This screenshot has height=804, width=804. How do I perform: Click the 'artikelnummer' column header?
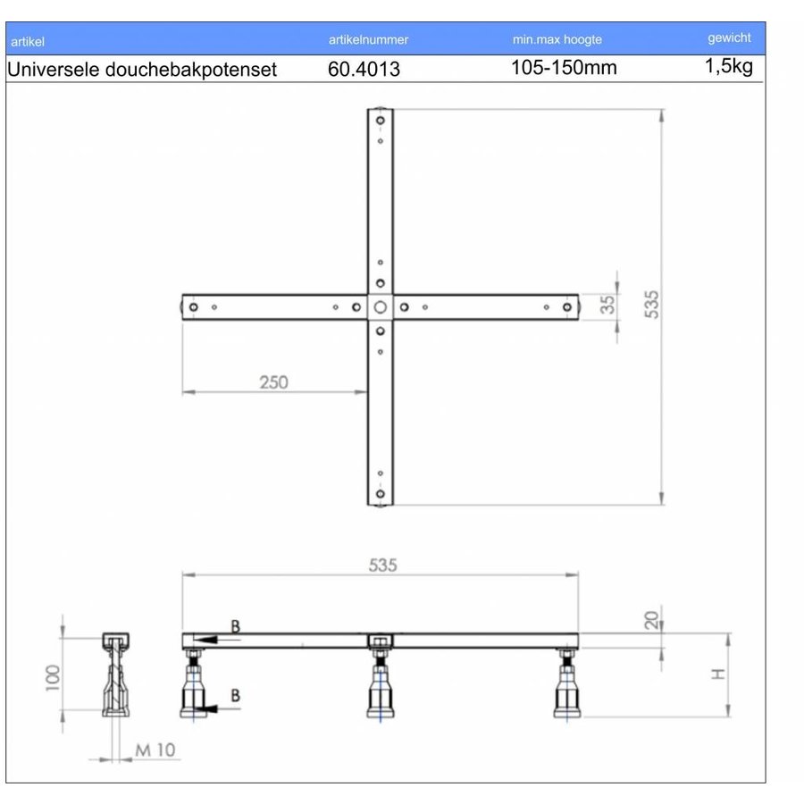(368, 39)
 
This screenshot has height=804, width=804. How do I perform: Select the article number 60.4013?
(364, 69)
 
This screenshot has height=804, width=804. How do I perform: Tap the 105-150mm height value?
(564, 68)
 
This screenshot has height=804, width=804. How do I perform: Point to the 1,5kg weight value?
(729, 66)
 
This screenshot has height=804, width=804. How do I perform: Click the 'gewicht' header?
(729, 38)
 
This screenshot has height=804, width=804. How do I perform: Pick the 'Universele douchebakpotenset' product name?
(142, 69)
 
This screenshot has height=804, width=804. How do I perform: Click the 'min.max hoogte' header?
(557, 39)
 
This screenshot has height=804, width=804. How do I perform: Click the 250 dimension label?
(274, 382)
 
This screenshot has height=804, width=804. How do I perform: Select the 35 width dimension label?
(607, 304)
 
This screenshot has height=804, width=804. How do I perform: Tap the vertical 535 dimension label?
(651, 305)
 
